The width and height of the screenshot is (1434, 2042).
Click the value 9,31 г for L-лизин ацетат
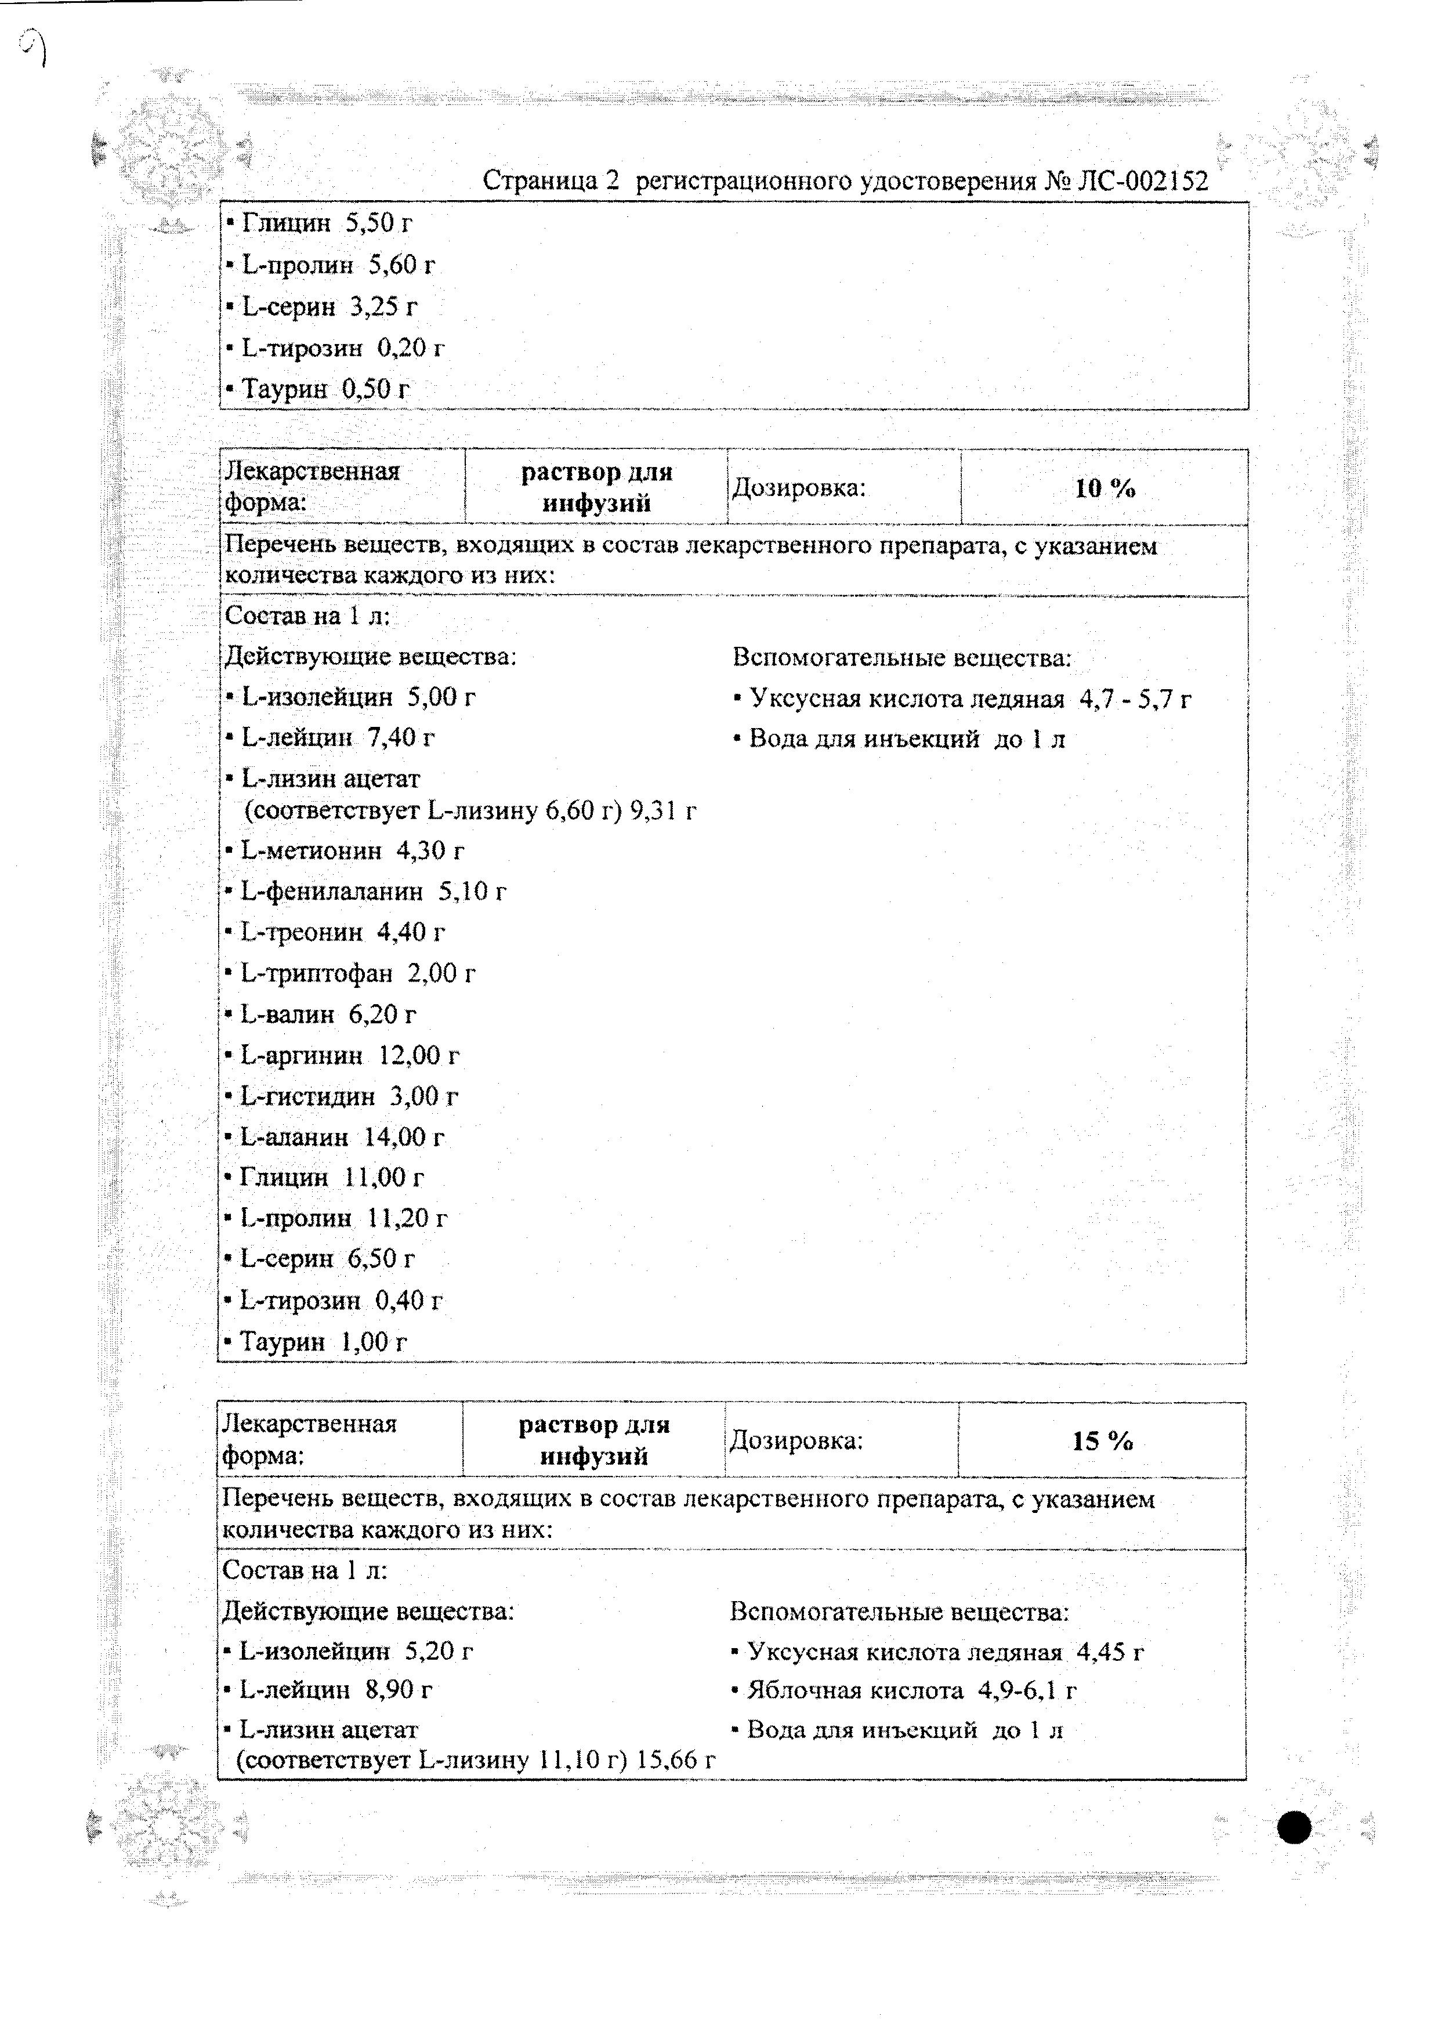pyautogui.click(x=662, y=810)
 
